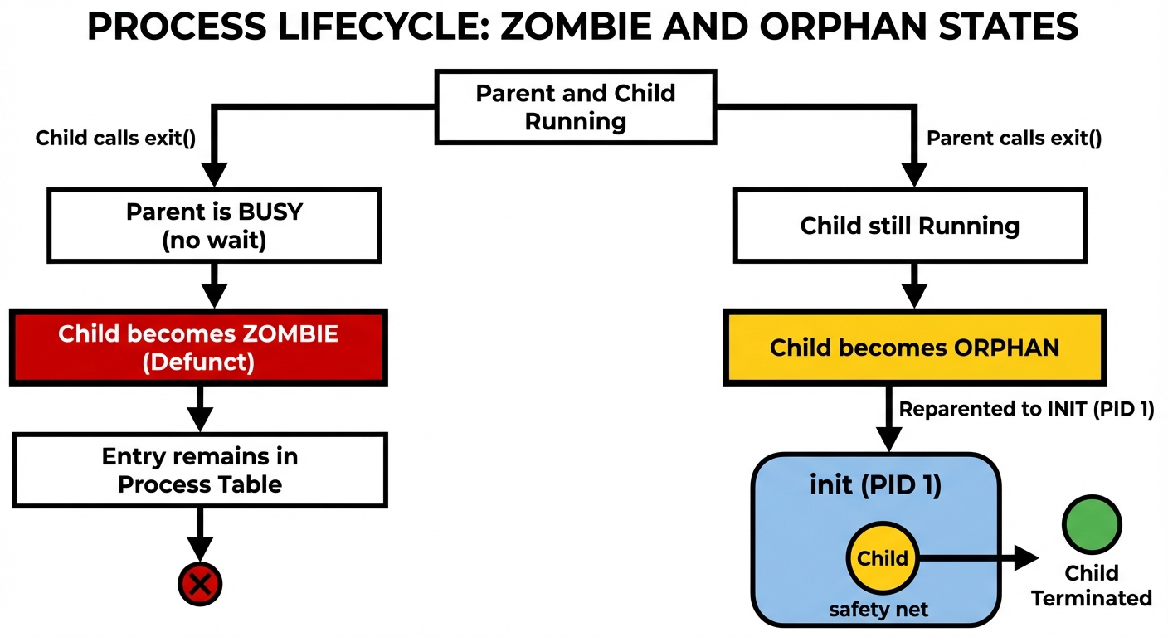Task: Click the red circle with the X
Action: pyautogui.click(x=200, y=585)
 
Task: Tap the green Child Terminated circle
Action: pyautogui.click(x=1092, y=525)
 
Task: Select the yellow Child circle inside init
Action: pyautogui.click(x=883, y=558)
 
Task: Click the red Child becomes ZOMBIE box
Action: pyautogui.click(x=198, y=348)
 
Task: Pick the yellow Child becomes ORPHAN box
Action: pyautogui.click(x=914, y=347)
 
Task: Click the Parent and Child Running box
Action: pyautogui.click(x=575, y=107)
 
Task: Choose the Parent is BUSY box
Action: pyautogui.click(x=214, y=226)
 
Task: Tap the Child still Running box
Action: pyautogui.click(x=909, y=226)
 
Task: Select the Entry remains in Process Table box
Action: pyautogui.click(x=200, y=470)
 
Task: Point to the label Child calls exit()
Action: pyautogui.click(x=115, y=138)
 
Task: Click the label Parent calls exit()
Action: pyautogui.click(x=1014, y=139)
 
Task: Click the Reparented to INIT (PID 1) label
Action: pyautogui.click(x=1026, y=410)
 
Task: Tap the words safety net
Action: pyautogui.click(x=878, y=610)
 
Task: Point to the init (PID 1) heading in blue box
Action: pyautogui.click(x=875, y=485)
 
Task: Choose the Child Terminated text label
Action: pyautogui.click(x=1092, y=586)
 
